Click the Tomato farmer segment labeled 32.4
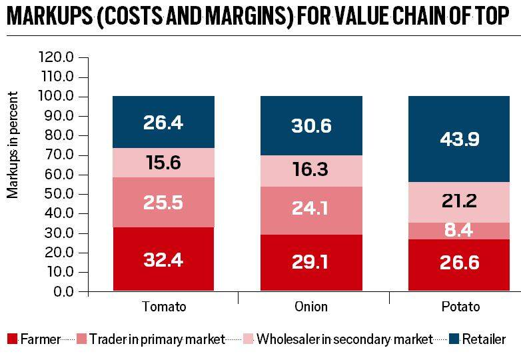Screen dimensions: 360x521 pyautogui.click(x=163, y=259)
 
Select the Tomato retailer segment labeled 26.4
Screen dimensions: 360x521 pyautogui.click(x=163, y=122)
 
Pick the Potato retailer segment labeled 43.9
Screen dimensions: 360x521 pyautogui.click(x=458, y=139)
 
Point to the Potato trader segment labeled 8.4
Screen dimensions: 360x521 pyautogui.click(x=458, y=231)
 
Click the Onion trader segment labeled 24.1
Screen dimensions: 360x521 pyautogui.click(x=311, y=209)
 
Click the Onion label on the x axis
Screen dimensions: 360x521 pyautogui.click(x=311, y=307)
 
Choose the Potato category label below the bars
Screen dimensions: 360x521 pyautogui.click(x=458, y=307)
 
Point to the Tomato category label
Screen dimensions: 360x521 pyautogui.click(x=164, y=307)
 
